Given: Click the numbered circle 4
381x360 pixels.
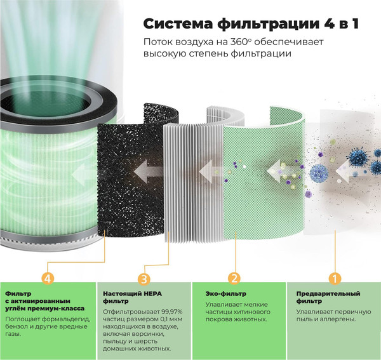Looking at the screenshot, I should (45, 278).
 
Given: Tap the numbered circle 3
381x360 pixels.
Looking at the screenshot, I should (144, 278).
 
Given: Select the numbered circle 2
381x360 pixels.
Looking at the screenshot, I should (234, 278).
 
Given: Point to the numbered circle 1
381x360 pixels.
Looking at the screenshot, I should (334, 278).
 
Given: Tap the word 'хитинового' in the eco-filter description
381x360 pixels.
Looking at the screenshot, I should (248, 312).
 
